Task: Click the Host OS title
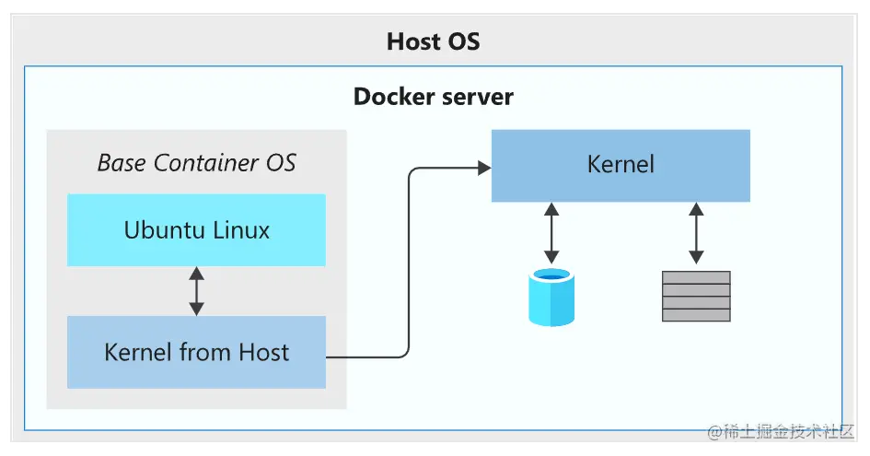click(434, 41)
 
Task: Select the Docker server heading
click(434, 96)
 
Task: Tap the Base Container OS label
click(197, 163)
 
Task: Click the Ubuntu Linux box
click(197, 229)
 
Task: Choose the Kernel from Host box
click(197, 352)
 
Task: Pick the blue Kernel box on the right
click(621, 165)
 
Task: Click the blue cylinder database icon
click(551, 297)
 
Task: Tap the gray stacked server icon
click(696, 296)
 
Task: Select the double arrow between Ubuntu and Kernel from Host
click(196, 291)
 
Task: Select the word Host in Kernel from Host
click(264, 352)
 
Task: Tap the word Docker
click(390, 96)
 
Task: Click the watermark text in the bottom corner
click(781, 431)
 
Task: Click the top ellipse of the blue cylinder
click(551, 275)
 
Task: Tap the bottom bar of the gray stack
click(696, 315)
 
